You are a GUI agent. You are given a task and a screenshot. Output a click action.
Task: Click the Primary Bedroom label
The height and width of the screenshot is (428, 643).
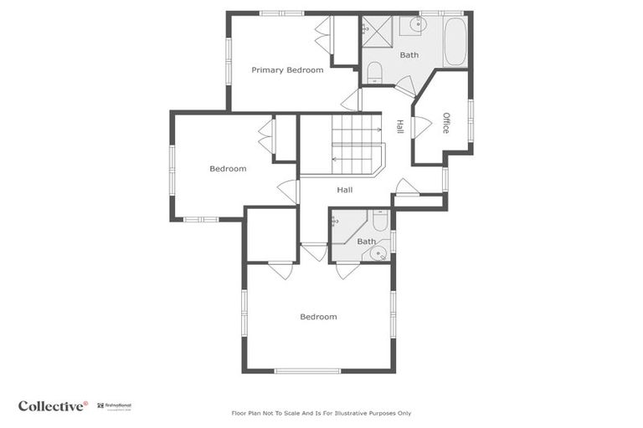pos(287,70)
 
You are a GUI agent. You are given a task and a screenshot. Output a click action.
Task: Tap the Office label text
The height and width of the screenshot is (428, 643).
pos(445,123)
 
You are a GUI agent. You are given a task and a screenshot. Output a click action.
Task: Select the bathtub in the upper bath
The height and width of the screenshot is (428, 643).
pos(455,42)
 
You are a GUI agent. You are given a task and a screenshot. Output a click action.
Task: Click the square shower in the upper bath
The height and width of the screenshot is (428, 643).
pos(378,33)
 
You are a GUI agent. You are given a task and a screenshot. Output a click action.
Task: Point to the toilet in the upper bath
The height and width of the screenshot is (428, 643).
pos(374,72)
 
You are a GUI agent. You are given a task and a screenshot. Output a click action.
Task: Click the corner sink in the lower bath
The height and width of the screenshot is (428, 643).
pos(379,252)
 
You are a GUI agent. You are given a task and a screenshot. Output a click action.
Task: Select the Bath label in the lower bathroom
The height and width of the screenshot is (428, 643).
pos(367,242)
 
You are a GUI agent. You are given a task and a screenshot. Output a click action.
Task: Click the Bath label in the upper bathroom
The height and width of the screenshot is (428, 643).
pos(409,55)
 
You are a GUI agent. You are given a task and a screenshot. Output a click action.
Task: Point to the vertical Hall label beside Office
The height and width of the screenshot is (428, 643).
pos(400,126)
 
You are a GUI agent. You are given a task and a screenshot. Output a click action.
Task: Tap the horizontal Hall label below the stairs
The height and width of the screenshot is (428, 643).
pos(344,190)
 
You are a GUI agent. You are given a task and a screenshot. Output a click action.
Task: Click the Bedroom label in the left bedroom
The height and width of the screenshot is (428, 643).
pos(228,169)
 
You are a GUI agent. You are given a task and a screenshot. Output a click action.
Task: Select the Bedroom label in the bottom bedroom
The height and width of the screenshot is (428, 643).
pos(318,317)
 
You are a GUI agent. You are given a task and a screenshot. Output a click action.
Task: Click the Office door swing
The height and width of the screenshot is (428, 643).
pos(422,126)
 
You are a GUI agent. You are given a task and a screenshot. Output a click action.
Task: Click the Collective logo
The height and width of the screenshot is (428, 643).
pos(53,406)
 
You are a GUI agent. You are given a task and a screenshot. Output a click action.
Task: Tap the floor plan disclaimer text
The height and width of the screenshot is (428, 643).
pos(321,413)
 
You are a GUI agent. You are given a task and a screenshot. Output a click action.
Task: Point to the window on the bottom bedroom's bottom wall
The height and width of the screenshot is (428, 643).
pos(307,370)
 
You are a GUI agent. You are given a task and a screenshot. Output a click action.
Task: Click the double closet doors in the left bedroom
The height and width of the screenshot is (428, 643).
pos(266,137)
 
